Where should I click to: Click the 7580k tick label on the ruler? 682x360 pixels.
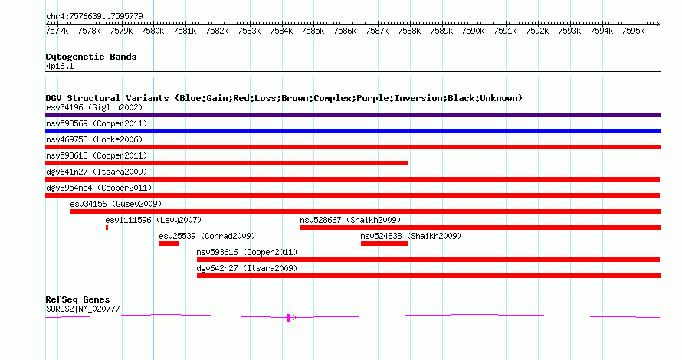152,31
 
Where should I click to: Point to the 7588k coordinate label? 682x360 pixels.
409,31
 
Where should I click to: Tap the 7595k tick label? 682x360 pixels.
633,31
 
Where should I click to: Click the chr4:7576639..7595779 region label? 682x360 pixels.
94,16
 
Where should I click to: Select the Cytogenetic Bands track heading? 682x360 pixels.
91,57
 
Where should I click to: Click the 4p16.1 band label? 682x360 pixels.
60,66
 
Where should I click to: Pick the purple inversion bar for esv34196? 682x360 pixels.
352,115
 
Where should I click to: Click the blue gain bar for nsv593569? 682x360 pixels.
352,131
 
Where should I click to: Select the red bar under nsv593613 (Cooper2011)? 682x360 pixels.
227,163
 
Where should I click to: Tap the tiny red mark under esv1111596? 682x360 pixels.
107,227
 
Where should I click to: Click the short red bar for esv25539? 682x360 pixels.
169,244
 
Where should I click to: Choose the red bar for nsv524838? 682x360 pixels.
385,244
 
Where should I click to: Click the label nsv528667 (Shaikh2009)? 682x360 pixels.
350,220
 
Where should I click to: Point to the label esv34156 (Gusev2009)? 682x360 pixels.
116,204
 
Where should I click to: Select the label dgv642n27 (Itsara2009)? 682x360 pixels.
247,268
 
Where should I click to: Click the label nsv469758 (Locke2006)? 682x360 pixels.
94,139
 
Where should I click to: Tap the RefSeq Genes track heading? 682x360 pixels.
77,299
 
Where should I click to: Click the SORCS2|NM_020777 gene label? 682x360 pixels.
83,309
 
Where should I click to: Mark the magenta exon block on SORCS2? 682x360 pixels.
288,318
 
